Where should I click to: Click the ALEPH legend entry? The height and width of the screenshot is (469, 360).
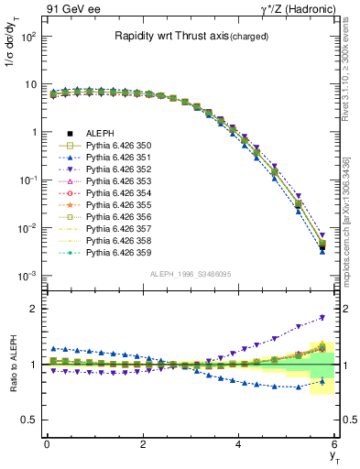[x=95, y=134]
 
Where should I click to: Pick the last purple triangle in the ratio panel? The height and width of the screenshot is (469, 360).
[x=322, y=318]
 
